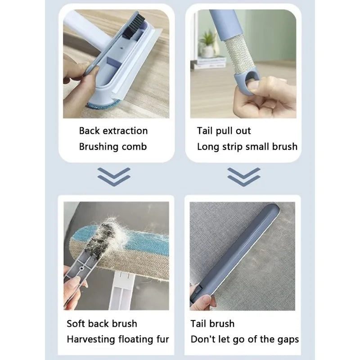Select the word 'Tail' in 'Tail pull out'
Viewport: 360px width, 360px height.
[x=205, y=131]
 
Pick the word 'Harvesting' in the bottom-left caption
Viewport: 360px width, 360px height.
[x=91, y=339]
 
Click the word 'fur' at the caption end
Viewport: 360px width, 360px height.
[x=162, y=339]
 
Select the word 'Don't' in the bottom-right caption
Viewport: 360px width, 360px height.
[x=203, y=339]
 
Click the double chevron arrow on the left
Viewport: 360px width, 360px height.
[x=114, y=176]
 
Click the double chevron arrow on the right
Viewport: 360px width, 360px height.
[x=243, y=176]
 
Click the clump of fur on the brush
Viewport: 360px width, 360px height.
[x=108, y=234]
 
